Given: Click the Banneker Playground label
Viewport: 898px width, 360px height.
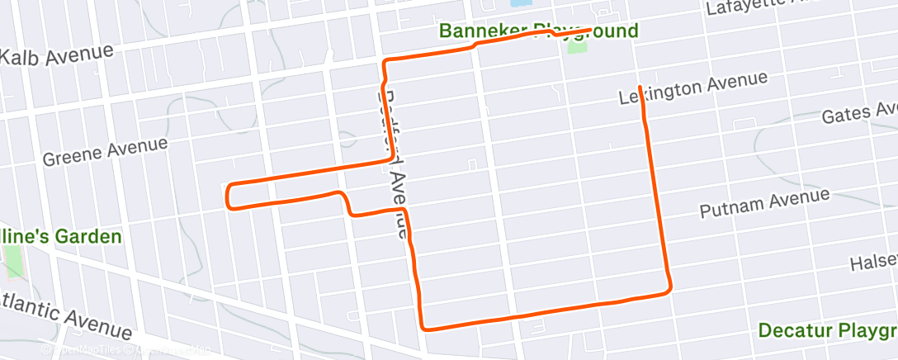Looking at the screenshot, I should pyautogui.click(x=538, y=32).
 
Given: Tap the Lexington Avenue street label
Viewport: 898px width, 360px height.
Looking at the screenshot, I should pyautogui.click(x=693, y=88).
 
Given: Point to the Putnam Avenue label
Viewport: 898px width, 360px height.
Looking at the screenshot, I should pyautogui.click(x=764, y=202).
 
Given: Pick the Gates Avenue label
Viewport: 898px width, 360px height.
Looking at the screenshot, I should pyautogui.click(x=858, y=114).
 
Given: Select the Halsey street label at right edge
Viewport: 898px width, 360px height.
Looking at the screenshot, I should pyautogui.click(x=873, y=263).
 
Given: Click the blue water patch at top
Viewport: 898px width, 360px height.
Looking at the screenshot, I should pyautogui.click(x=521, y=3).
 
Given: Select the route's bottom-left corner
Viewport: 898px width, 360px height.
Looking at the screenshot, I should pyautogui.click(x=424, y=327).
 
